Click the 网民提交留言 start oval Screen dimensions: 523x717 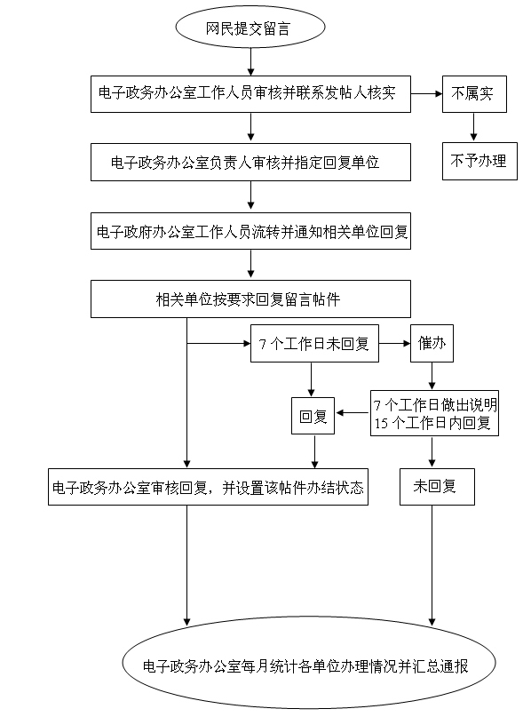tap(250, 27)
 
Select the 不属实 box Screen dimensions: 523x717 tap(474, 94)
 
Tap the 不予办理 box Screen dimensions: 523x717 tap(479, 161)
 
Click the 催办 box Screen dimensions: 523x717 tap(432, 344)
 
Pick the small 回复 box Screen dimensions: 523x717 tap(313, 416)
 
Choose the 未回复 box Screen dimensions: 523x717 tap(437, 487)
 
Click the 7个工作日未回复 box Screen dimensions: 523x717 tap(314, 344)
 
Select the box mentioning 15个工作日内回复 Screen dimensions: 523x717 tap(434, 413)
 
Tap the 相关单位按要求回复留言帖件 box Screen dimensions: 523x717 tap(250, 299)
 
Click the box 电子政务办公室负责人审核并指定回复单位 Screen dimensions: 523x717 tap(250, 162)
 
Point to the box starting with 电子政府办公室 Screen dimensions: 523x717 tap(250, 231)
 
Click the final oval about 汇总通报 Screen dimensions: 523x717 tap(309, 663)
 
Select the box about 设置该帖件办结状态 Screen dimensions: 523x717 tap(208, 487)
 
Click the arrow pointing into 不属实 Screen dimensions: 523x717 tap(426, 94)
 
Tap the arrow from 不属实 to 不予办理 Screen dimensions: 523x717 tap(473, 127)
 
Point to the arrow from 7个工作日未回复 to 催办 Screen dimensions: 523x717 tap(394, 344)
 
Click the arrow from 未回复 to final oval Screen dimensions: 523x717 tap(432, 566)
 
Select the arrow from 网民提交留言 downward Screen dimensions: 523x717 tap(250, 61)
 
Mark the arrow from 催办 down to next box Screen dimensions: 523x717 tap(432, 376)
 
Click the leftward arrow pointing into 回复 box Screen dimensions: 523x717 tap(353, 413)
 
